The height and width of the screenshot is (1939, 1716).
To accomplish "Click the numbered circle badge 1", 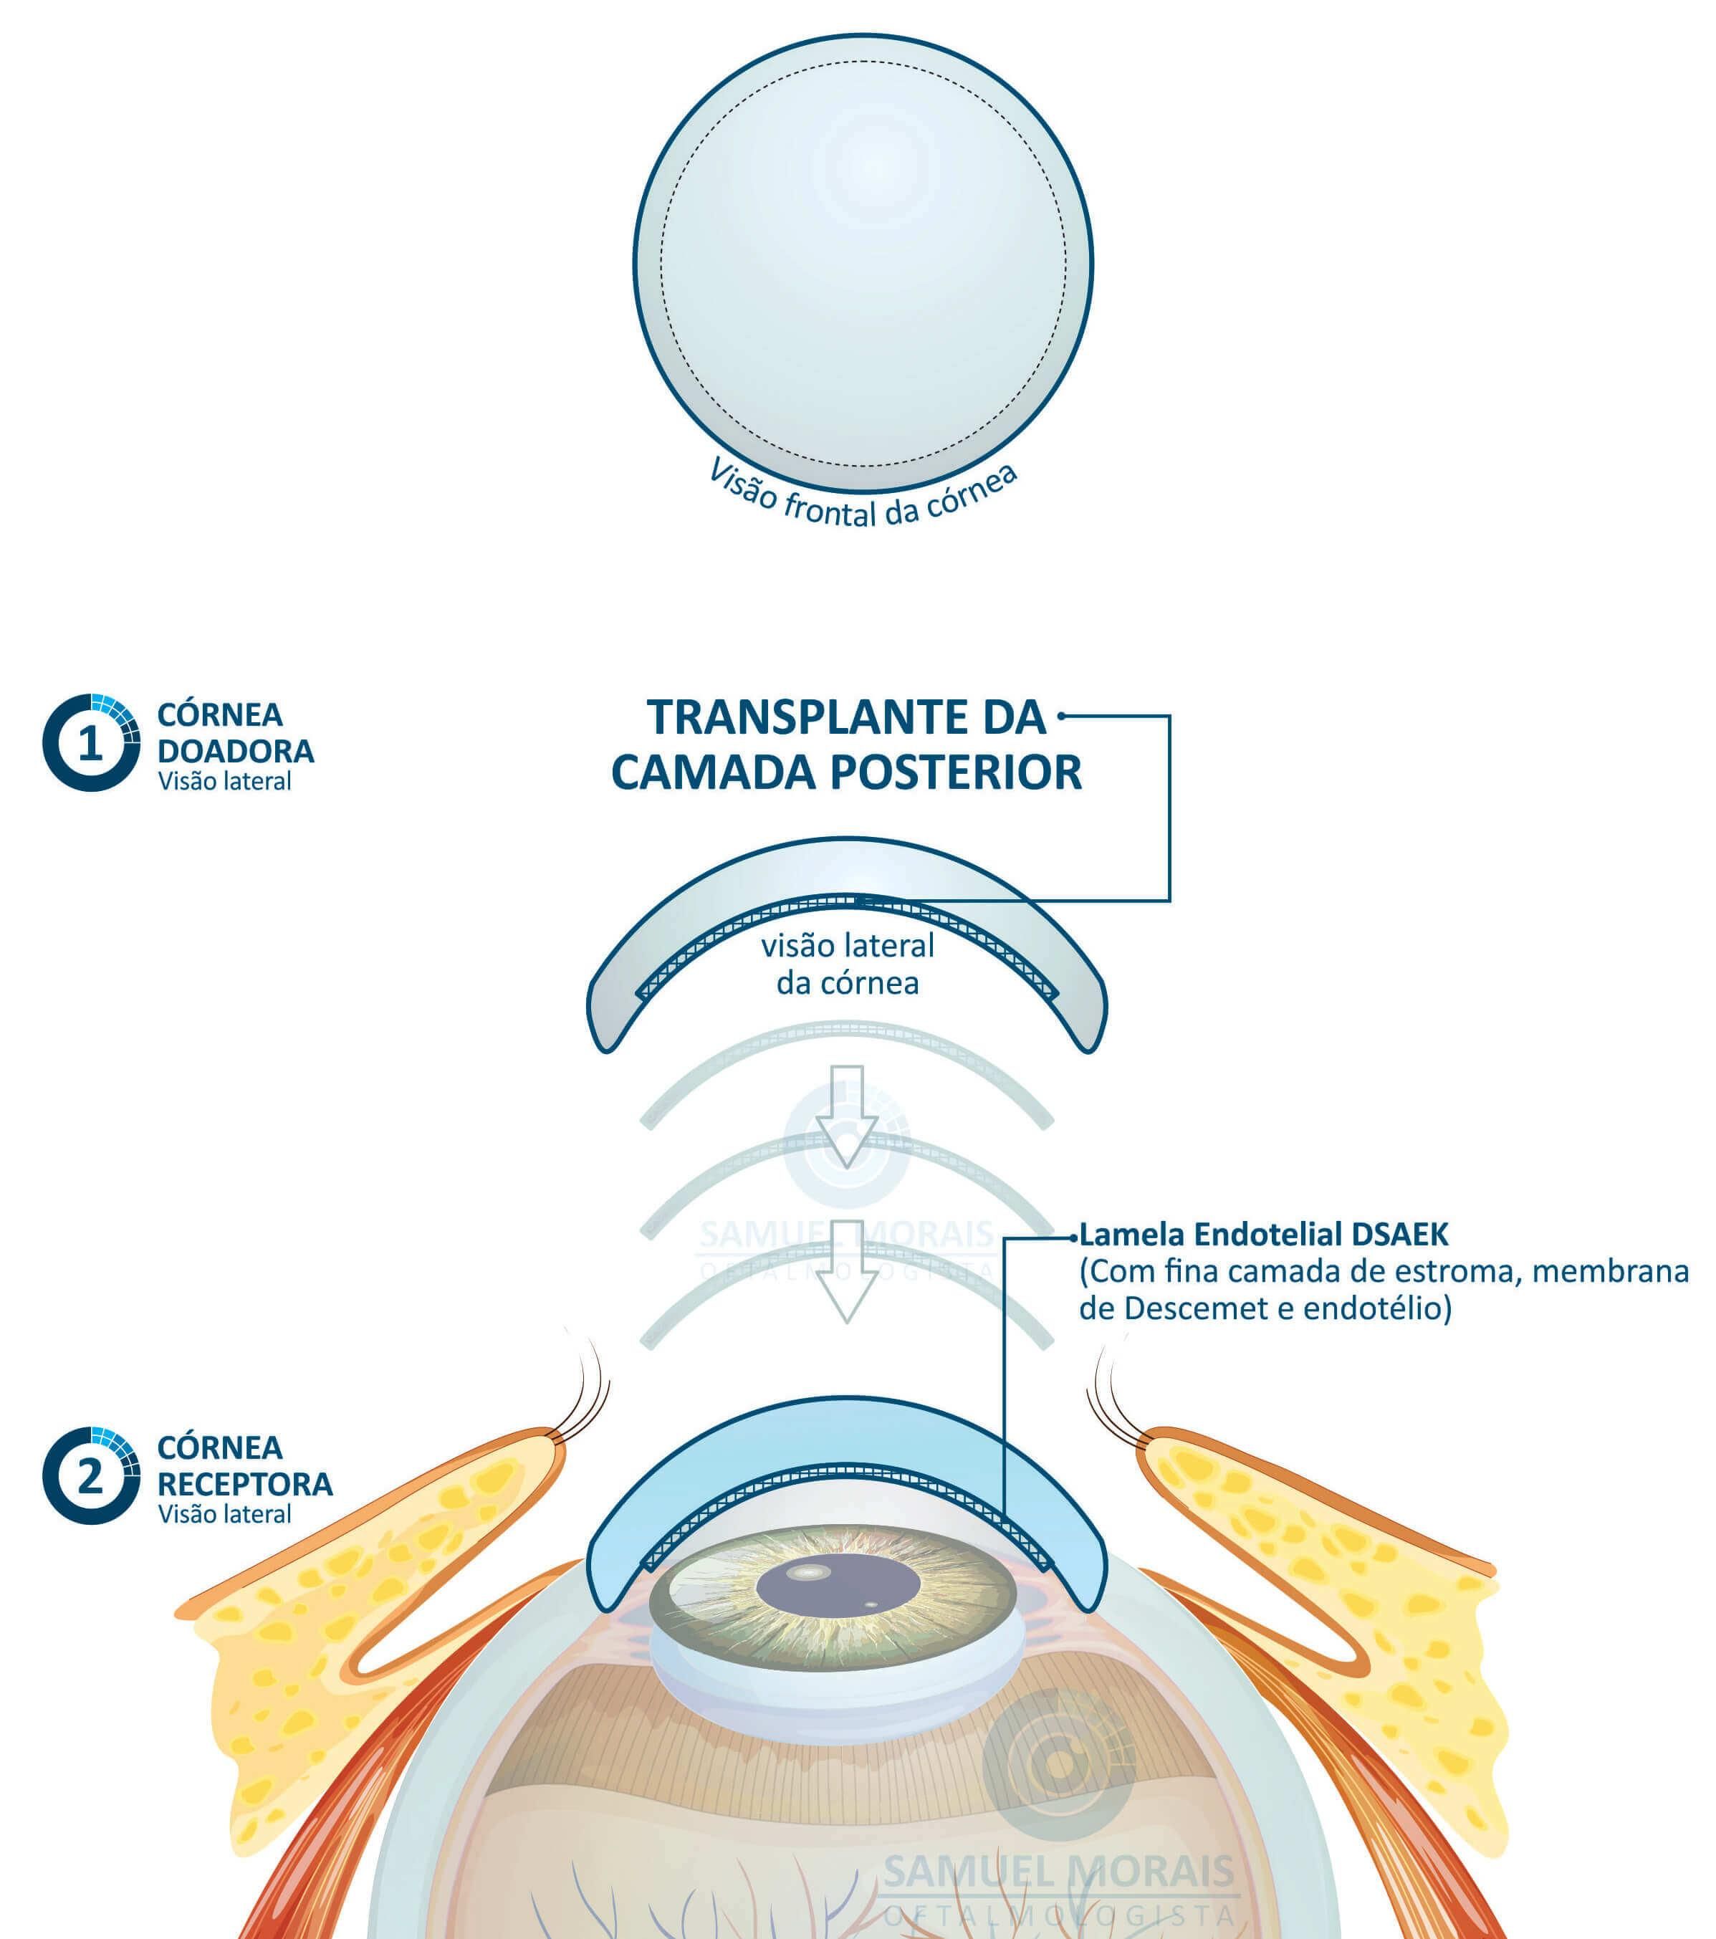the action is coord(91,743).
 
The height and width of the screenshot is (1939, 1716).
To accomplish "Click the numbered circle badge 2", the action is coord(91,1476).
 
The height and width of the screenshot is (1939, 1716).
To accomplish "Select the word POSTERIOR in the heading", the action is coord(957,772).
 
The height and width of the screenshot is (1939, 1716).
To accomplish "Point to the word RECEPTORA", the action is coord(245,1484).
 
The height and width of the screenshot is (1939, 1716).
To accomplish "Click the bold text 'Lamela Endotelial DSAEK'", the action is coord(1265,1235).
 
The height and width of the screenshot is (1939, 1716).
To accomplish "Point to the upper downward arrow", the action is coord(847,1116).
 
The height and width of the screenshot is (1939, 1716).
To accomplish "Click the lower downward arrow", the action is coord(847,1272).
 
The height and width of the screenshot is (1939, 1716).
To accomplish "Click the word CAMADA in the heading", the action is coord(714,772).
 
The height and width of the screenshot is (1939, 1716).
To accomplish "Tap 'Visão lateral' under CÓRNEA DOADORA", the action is coord(225,782).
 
